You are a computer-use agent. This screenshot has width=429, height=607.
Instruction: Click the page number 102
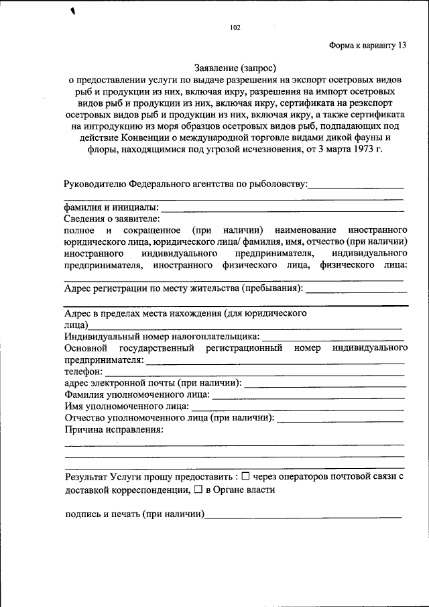pyautogui.click(x=235, y=27)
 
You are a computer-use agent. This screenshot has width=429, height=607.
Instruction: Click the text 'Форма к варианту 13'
pyautogui.click(x=367, y=46)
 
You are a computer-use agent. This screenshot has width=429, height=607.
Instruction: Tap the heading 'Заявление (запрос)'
pyautogui.click(x=235, y=67)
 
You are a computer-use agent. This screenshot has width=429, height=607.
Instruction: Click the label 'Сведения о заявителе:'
pyautogui.click(x=112, y=219)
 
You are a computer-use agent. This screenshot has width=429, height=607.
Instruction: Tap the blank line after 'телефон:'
pyautogui.click(x=255, y=372)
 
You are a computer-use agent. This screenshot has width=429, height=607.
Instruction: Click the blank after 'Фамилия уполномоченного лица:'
pyautogui.click(x=308, y=397)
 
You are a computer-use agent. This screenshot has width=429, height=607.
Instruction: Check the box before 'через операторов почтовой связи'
pyautogui.click(x=245, y=476)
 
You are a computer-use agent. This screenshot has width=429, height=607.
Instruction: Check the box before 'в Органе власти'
pyautogui.click(x=198, y=490)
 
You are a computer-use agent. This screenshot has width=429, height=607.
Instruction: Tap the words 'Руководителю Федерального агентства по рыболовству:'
pyautogui.click(x=186, y=183)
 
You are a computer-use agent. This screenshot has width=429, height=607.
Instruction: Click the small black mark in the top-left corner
pyautogui.click(x=73, y=11)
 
